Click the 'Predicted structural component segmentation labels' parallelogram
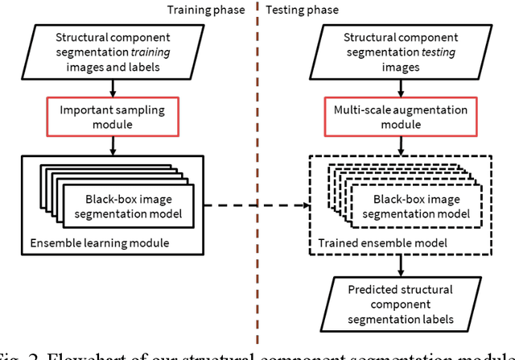click(x=399, y=304)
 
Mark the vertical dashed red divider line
click(x=257, y=161)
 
